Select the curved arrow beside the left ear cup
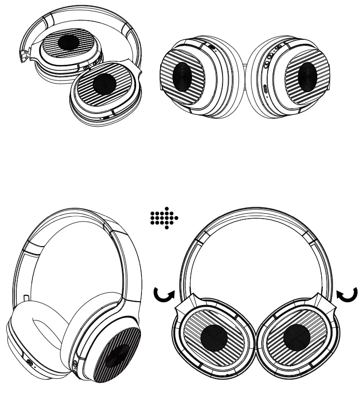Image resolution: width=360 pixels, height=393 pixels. (163, 295)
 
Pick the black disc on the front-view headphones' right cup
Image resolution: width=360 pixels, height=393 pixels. (297, 337)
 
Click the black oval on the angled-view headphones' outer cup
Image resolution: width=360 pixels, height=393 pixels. (118, 356)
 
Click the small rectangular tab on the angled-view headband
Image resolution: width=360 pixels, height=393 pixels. (25, 298)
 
